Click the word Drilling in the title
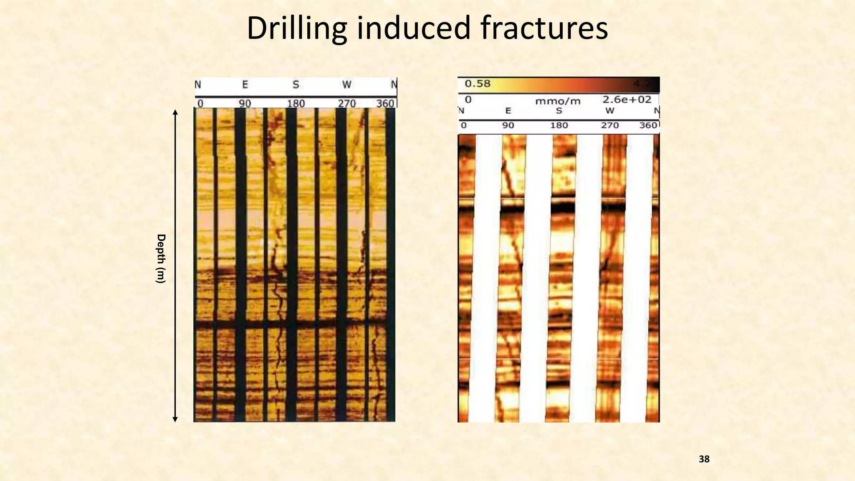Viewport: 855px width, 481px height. [x=296, y=28]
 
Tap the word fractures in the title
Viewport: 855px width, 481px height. [x=544, y=28]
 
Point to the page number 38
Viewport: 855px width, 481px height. [x=704, y=459]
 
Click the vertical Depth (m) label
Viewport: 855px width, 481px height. [x=161, y=258]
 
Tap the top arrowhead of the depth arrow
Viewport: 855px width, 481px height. [x=175, y=112]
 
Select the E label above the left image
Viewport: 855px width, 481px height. [x=245, y=85]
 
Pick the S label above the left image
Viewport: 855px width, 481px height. [x=296, y=85]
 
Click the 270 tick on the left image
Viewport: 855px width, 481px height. [x=347, y=103]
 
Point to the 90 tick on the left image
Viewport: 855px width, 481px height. [x=245, y=103]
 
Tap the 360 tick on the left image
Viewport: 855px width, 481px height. [x=385, y=103]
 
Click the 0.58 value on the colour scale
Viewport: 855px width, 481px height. [x=478, y=84]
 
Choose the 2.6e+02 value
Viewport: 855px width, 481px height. [x=627, y=99]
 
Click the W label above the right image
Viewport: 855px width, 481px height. [x=610, y=111]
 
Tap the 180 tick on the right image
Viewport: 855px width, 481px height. [x=559, y=125]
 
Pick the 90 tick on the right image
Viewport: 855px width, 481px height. [x=508, y=125]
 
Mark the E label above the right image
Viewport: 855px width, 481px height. [x=508, y=111]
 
